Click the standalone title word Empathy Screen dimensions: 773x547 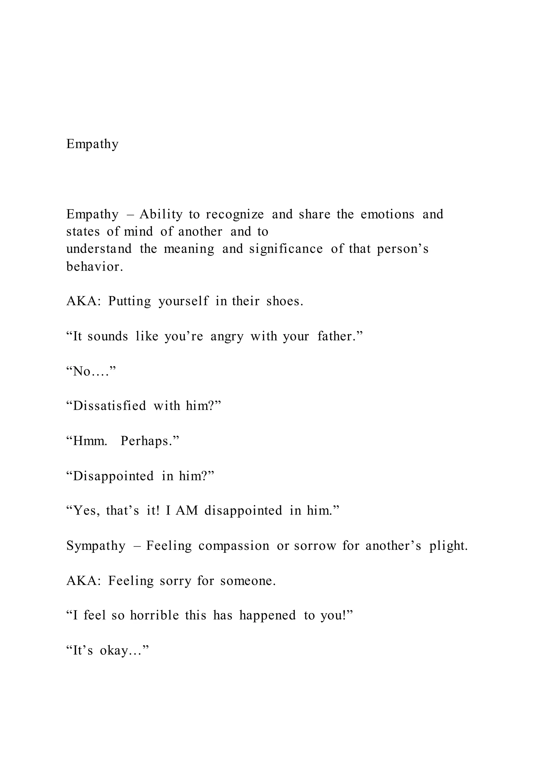tap(92, 144)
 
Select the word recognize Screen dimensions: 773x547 tap(235, 214)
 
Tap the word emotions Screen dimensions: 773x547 tap(387, 214)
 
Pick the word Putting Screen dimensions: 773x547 tap(130, 301)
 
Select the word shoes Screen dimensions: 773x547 tap(285, 301)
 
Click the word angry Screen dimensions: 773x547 tap(227, 336)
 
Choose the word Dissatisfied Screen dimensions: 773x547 tap(110, 406)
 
